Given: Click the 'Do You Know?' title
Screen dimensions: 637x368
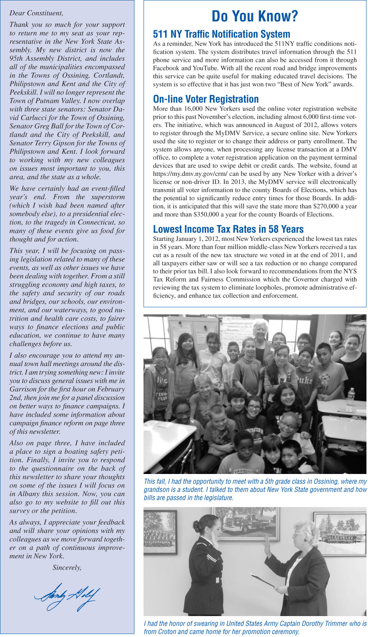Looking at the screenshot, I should [255, 17].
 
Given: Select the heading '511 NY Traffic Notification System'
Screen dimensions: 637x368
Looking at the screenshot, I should [222, 34].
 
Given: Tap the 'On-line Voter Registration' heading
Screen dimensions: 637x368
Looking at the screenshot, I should [206, 99].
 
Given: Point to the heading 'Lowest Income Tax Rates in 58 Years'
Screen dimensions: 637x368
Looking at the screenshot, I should [228, 229].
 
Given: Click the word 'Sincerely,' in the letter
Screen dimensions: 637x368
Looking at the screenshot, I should [67, 568].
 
